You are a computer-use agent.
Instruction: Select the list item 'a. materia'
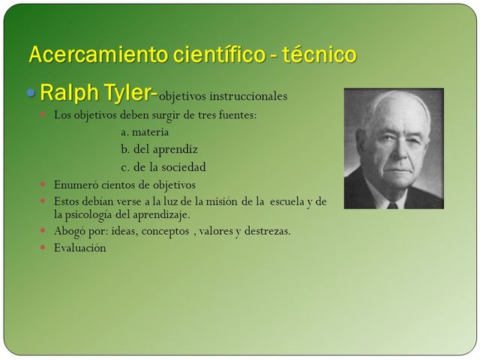coord(145,132)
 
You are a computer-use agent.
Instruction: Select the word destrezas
coord(265,231)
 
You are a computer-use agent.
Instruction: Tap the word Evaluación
coord(80,248)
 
